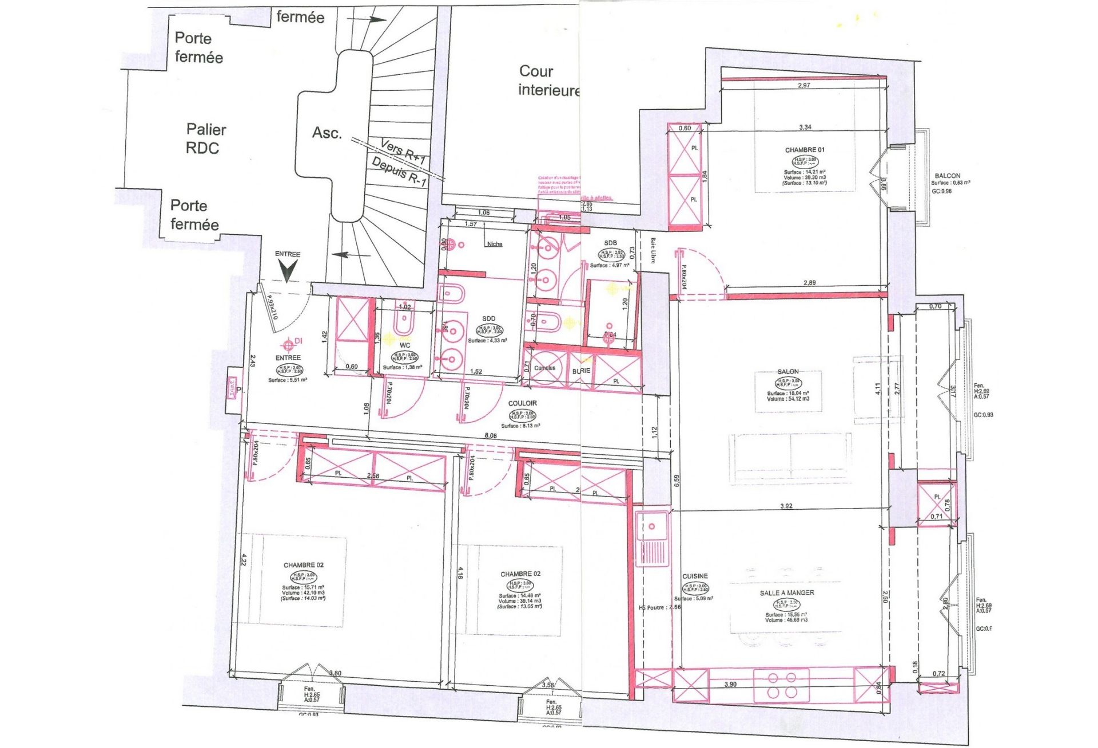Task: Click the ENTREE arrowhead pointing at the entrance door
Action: [x=287, y=271]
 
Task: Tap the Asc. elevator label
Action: [x=327, y=133]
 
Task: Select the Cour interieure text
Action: [x=548, y=81]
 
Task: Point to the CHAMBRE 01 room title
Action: [x=805, y=150]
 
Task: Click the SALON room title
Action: [x=788, y=371]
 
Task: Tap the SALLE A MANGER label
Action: [x=787, y=593]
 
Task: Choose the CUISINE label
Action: [x=695, y=576]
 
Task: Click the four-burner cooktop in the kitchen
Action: [x=782, y=685]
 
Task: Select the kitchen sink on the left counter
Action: [x=652, y=538]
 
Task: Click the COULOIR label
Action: [x=522, y=403]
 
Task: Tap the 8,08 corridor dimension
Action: [x=490, y=435]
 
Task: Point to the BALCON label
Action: [x=947, y=175]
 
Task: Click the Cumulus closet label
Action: [x=544, y=368]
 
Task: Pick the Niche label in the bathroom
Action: [x=495, y=244]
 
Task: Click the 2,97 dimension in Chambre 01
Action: [x=803, y=85]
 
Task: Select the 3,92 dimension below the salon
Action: [x=786, y=506]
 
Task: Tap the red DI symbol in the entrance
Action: [x=289, y=344]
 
